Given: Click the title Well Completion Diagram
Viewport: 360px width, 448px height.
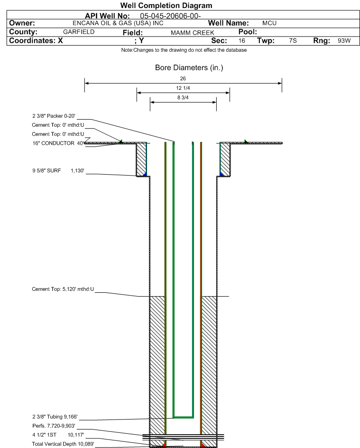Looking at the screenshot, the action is point(166,5).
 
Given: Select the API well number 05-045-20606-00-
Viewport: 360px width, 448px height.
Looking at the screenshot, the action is point(170,16).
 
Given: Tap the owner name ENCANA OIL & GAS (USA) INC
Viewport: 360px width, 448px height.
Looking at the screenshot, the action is point(118,23).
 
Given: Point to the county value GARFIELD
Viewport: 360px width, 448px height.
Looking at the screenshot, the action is point(79,32).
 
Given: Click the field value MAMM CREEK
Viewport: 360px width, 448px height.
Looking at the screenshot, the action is point(193,33).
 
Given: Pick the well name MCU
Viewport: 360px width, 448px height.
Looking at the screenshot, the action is point(269,23).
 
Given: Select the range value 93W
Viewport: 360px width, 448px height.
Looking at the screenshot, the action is point(344,40).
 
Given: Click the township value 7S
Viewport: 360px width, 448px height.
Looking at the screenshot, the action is point(293,40).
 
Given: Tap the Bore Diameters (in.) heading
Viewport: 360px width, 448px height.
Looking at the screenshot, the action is point(189,68).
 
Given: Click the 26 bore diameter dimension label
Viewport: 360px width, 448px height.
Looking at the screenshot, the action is point(183,78).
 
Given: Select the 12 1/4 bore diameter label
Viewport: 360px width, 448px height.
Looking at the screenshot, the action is point(183,88).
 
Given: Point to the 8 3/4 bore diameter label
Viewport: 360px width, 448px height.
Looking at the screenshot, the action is point(183,97).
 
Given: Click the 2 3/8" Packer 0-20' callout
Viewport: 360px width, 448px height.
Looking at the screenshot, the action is point(54,116).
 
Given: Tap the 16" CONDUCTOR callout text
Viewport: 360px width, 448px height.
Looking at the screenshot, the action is point(58,143).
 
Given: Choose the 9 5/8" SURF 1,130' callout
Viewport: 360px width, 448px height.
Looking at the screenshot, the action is point(58,170).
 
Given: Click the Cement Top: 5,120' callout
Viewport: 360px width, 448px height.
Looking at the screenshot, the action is point(63,289).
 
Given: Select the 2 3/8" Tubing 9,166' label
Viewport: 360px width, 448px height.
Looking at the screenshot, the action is point(55,417).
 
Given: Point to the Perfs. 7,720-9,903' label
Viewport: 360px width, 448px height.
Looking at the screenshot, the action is point(54,426).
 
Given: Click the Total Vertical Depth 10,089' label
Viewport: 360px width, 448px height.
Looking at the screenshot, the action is point(63,444).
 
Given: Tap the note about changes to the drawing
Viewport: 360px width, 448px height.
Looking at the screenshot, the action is point(184,50).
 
